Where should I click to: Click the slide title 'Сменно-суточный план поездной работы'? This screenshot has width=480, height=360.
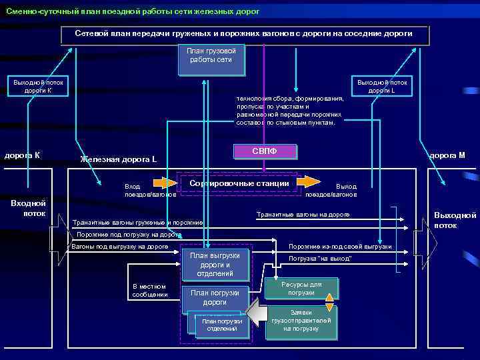coord(133,12)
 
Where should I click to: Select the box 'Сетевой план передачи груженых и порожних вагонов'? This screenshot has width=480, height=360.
coord(244,34)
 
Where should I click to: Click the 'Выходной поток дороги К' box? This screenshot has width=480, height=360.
coord(39,86)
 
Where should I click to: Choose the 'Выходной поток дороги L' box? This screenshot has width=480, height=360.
coord(383,86)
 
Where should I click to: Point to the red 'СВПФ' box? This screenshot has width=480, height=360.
coord(265,152)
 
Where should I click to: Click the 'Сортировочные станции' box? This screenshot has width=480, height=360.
coord(239,183)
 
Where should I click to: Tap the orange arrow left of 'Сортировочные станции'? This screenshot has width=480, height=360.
coord(165,181)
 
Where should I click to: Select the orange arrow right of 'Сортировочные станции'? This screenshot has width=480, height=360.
coord(308,181)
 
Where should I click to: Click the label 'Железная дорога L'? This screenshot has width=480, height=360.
coord(118,159)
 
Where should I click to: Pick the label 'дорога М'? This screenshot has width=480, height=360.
coord(447,155)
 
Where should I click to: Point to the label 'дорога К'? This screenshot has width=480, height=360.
coord(23,155)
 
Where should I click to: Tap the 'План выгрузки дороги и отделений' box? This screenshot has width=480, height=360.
coord(211,265)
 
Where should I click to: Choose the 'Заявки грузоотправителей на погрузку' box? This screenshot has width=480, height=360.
coord(301,321)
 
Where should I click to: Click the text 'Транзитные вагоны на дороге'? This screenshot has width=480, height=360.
coord(303,215)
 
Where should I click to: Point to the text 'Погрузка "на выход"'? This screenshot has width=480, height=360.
coord(320,258)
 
